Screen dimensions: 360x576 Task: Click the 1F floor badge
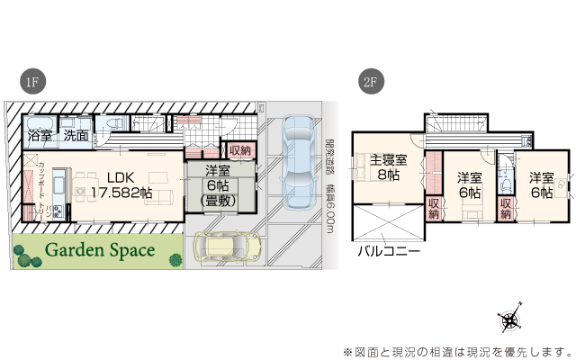click(31, 82)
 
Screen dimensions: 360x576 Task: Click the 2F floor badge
click(369, 82)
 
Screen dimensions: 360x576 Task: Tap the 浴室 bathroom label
click(40, 136)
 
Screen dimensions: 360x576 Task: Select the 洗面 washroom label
click(76, 136)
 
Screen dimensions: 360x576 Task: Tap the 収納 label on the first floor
click(239, 150)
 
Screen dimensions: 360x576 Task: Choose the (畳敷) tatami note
click(218, 202)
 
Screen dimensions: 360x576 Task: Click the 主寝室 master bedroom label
click(389, 161)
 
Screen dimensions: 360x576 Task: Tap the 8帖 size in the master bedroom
click(389, 176)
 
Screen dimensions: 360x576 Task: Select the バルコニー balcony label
click(389, 251)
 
